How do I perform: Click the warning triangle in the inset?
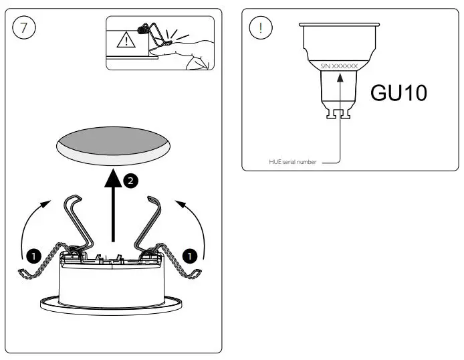click(x=125, y=41)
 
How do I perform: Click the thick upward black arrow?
click(x=114, y=207)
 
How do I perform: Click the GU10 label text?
click(x=398, y=93)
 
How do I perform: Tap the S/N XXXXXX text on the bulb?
click(x=340, y=66)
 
